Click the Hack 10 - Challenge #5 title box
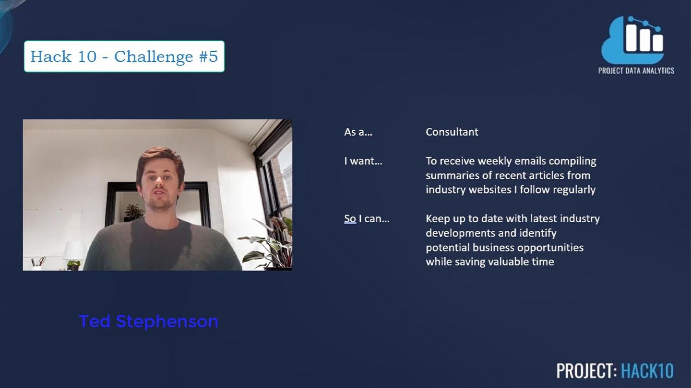pyautogui.click(x=124, y=57)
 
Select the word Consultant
pyautogui.click(x=452, y=132)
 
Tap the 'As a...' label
pyautogui.click(x=358, y=132)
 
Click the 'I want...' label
pyautogui.click(x=363, y=161)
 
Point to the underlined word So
pyautogui.click(x=350, y=219)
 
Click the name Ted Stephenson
pyautogui.click(x=148, y=321)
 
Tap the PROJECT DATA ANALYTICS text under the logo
pyautogui.click(x=636, y=70)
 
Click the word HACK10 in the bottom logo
pyautogui.click(x=647, y=371)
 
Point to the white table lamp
pyautogui.click(x=74, y=251)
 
